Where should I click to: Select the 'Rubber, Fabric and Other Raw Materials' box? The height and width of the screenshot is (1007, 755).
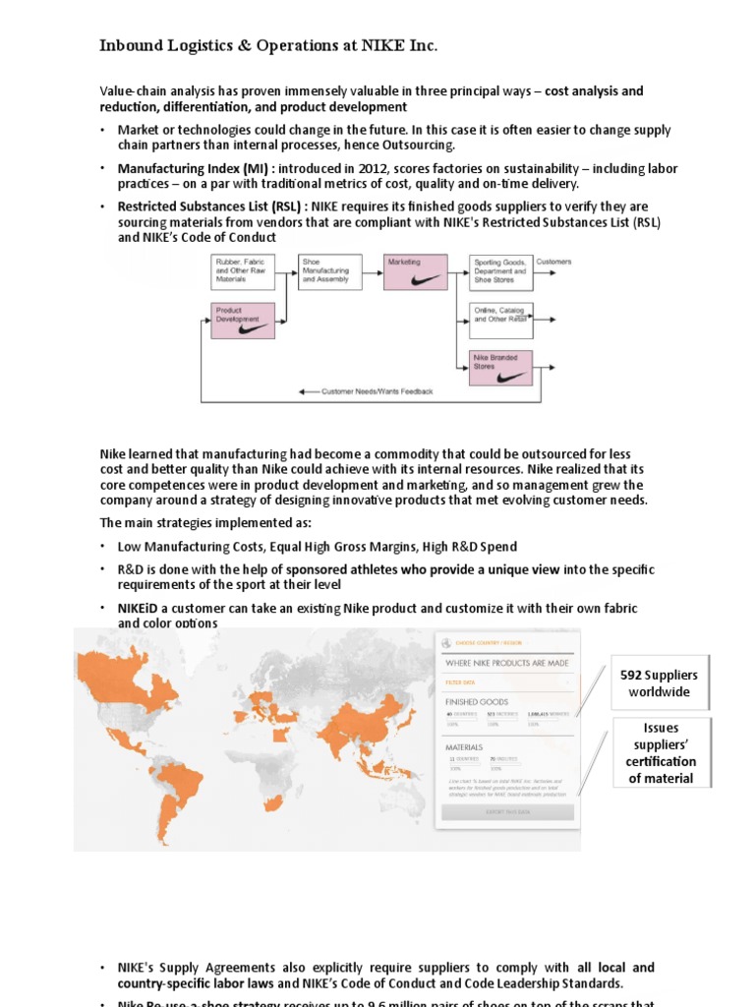[243, 270]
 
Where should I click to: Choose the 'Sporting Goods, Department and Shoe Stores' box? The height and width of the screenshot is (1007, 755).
[500, 270]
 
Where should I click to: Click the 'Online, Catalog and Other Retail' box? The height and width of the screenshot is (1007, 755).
[500, 314]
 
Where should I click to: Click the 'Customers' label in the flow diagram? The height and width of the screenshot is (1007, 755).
[553, 263]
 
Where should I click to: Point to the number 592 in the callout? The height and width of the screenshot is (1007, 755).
[631, 675]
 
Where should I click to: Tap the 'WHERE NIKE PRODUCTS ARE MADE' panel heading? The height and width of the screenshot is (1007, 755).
[507, 663]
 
